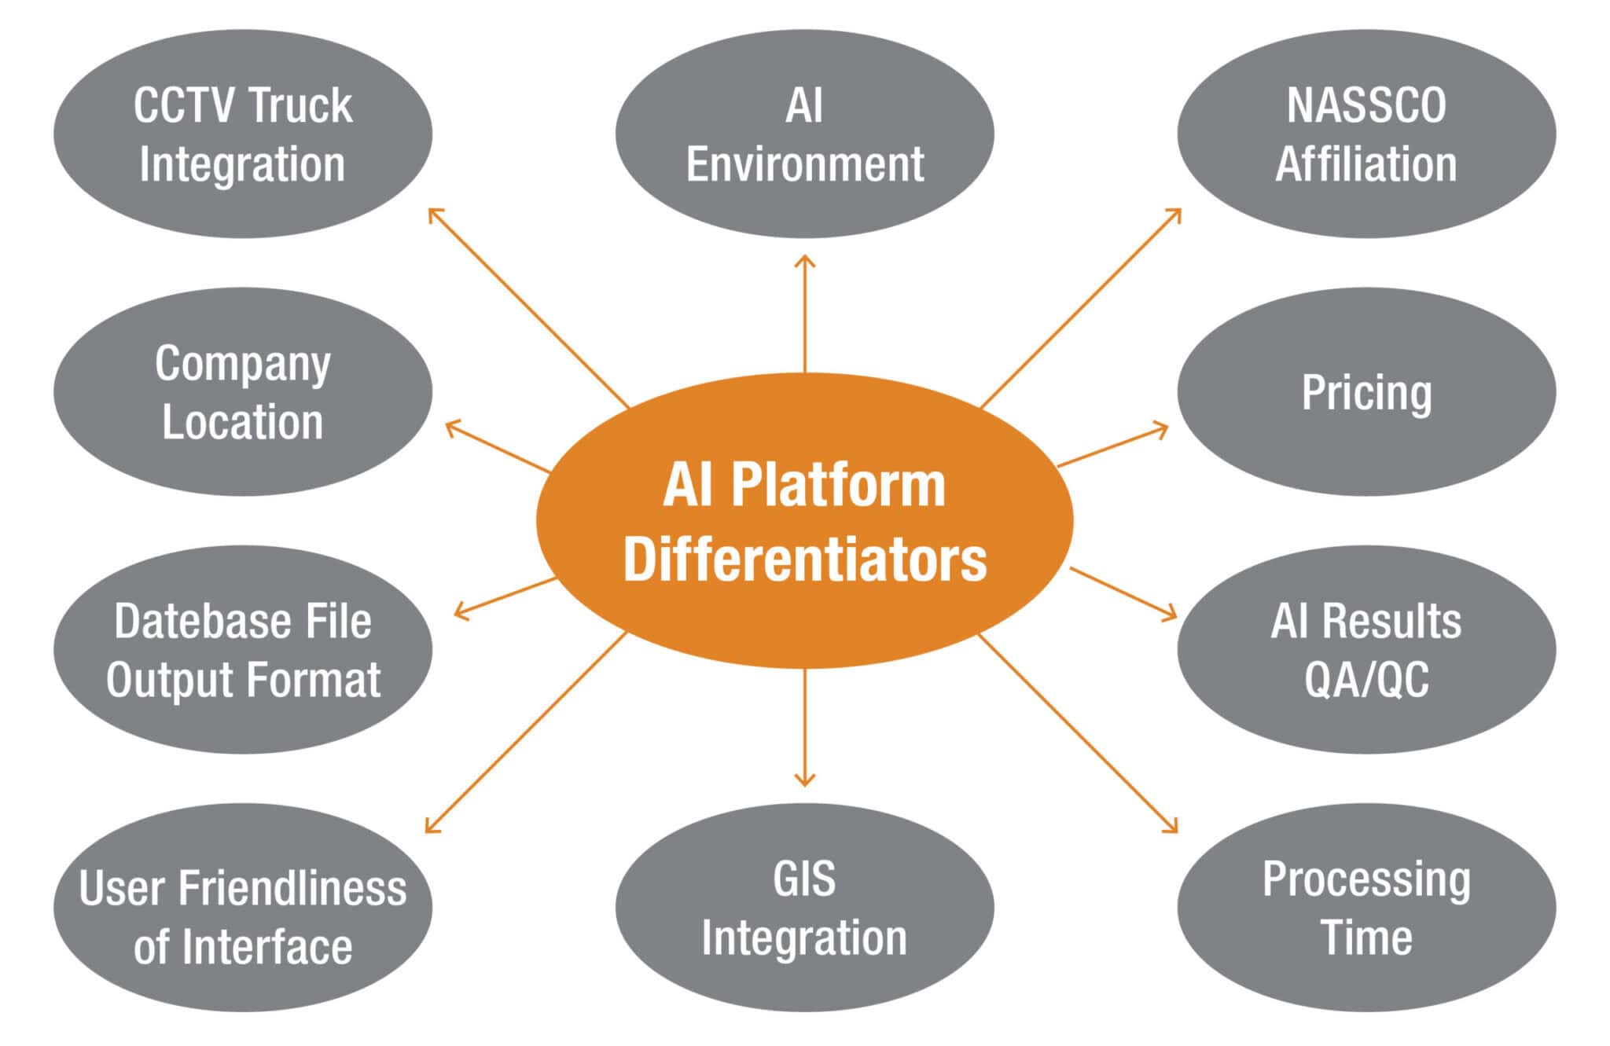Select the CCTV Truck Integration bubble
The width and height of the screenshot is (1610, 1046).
(242, 134)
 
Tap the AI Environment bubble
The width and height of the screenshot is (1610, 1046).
(804, 134)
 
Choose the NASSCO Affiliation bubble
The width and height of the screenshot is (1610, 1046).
(1366, 134)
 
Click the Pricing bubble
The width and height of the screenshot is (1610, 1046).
(1366, 392)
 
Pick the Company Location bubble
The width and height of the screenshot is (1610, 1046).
(242, 392)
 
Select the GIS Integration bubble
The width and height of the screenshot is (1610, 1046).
(804, 908)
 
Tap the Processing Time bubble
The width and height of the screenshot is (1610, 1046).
(1366, 908)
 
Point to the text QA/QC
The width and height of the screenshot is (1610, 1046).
(1366, 680)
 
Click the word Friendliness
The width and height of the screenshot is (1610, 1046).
(292, 889)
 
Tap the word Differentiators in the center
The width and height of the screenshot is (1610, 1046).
(804, 560)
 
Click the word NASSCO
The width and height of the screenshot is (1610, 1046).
(1366, 106)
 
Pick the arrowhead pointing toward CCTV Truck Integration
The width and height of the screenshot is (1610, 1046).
(432, 212)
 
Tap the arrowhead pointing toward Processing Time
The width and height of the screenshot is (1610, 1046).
(1173, 828)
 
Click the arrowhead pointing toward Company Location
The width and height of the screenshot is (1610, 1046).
(450, 426)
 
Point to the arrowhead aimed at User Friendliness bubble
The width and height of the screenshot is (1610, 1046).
(429, 828)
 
